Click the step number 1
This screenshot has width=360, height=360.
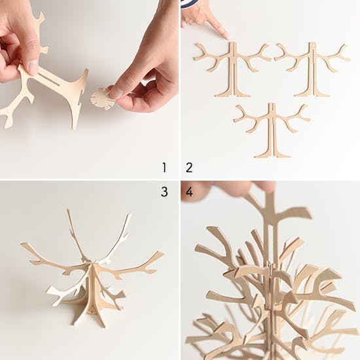[x=164, y=168]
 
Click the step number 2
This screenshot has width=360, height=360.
[x=189, y=168]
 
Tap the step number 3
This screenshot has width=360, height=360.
[x=164, y=192]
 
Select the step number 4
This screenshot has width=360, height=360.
[x=189, y=192]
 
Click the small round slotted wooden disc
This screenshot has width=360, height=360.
[x=102, y=99]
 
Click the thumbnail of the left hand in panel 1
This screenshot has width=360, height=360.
[x=33, y=67]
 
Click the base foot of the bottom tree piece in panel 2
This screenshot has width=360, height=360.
[x=272, y=154]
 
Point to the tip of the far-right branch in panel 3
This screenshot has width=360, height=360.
[x=163, y=253]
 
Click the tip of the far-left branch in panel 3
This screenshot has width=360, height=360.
[x=22, y=244]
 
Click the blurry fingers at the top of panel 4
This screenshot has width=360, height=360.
[x=230, y=189]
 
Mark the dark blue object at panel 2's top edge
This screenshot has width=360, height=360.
[x=190, y=4]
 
